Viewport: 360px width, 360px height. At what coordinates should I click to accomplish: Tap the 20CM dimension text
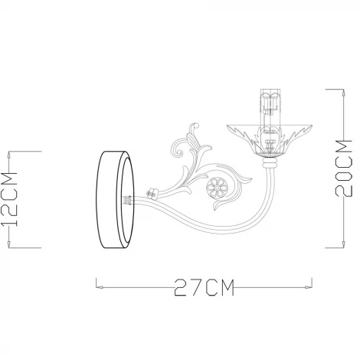point(347,167)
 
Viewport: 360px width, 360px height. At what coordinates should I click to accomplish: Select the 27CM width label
point(201,288)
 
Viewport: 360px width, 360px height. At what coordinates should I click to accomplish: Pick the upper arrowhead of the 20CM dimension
point(338,90)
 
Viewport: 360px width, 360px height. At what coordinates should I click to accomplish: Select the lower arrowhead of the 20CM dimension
point(338,246)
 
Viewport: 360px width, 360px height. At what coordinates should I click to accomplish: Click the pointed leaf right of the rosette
point(244,182)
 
